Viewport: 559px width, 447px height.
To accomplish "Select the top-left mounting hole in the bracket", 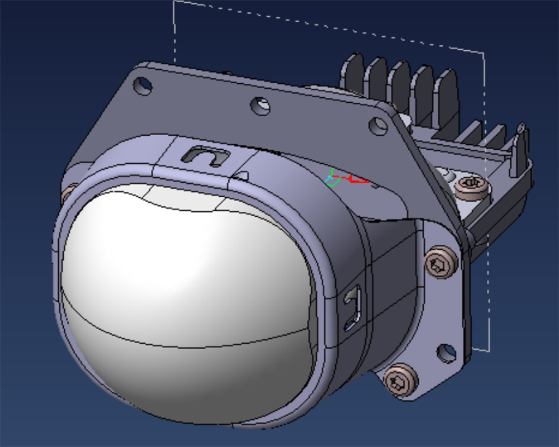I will pyautogui.click(x=143, y=85).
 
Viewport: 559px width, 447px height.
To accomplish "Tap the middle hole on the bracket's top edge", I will pyautogui.click(x=260, y=105).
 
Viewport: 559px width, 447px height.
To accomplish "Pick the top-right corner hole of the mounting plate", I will pyautogui.click(x=378, y=126).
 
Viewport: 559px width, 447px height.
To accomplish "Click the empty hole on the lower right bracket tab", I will pyautogui.click(x=446, y=352).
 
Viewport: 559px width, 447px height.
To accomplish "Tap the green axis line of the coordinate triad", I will pyautogui.click(x=331, y=174).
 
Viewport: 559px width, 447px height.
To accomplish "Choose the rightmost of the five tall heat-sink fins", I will pyautogui.click(x=447, y=95).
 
